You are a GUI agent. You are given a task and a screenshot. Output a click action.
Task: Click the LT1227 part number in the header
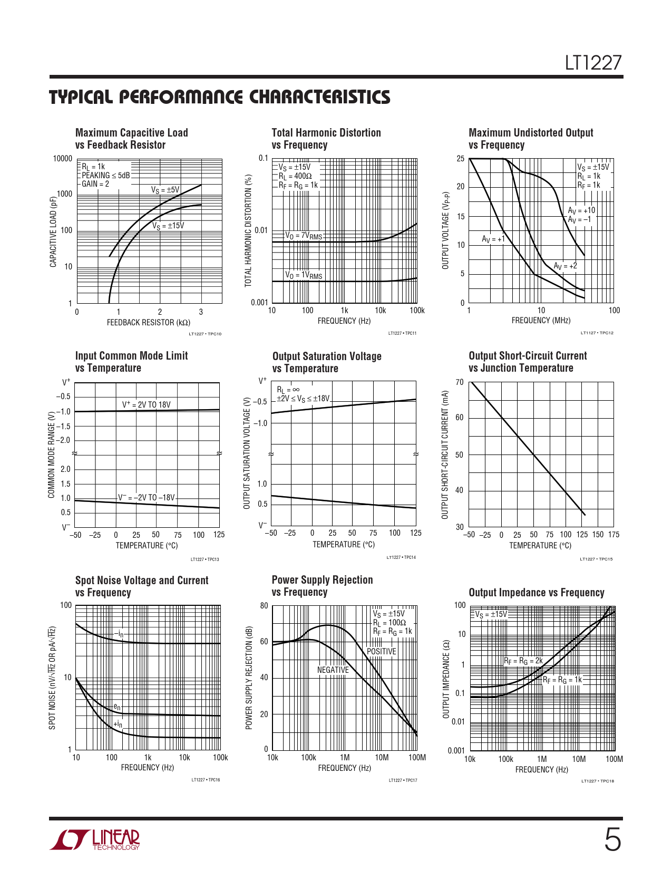point(593,63)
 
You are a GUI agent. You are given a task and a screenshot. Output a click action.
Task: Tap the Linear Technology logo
point(95,839)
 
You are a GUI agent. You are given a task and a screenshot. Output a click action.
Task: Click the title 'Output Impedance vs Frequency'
point(536,593)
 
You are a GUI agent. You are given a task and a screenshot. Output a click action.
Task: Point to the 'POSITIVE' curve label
point(381,652)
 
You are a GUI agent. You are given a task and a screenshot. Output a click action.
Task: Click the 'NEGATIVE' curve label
point(333,670)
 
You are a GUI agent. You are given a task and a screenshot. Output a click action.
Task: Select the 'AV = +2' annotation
point(565,266)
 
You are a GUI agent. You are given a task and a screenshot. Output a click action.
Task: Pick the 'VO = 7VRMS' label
point(304,236)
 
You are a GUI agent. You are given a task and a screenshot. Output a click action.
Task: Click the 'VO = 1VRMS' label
point(304,275)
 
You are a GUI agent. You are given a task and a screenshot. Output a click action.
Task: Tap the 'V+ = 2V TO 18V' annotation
point(147,405)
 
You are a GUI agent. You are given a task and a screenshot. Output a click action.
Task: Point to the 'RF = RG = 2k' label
point(523,661)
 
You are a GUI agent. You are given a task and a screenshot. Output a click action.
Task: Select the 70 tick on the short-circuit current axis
point(460,382)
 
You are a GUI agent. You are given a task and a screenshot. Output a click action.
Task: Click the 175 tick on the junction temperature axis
point(613,535)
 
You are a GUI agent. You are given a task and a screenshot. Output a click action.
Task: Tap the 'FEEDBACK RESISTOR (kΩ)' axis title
point(149,322)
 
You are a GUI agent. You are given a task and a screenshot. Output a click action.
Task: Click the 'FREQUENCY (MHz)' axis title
point(541,321)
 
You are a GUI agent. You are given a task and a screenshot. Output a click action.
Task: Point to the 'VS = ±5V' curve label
point(165,190)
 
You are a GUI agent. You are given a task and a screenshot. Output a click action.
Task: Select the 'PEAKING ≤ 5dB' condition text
point(105,175)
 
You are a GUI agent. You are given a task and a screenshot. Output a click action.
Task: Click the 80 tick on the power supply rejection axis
point(264,606)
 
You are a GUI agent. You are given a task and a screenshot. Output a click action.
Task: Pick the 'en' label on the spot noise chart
point(117,707)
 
